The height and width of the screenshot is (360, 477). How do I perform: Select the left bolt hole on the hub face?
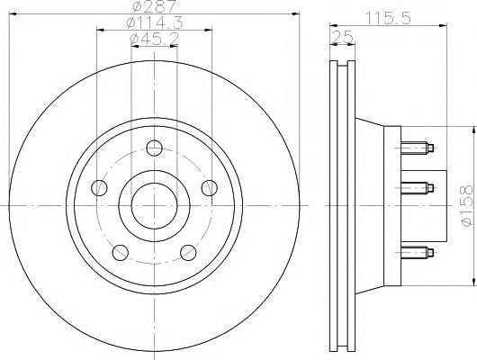[x=100, y=188]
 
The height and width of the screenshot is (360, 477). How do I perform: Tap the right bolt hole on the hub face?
[x=209, y=188]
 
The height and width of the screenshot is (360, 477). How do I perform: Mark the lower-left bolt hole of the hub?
[x=121, y=252]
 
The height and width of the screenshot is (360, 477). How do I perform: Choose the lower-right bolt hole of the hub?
[x=188, y=252]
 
